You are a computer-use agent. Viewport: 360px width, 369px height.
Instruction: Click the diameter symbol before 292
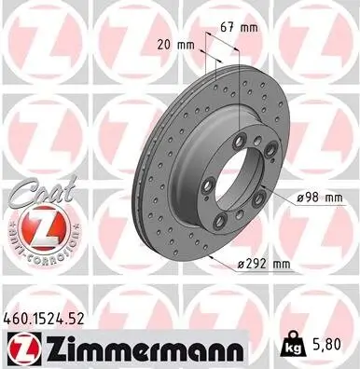coord(242,265)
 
